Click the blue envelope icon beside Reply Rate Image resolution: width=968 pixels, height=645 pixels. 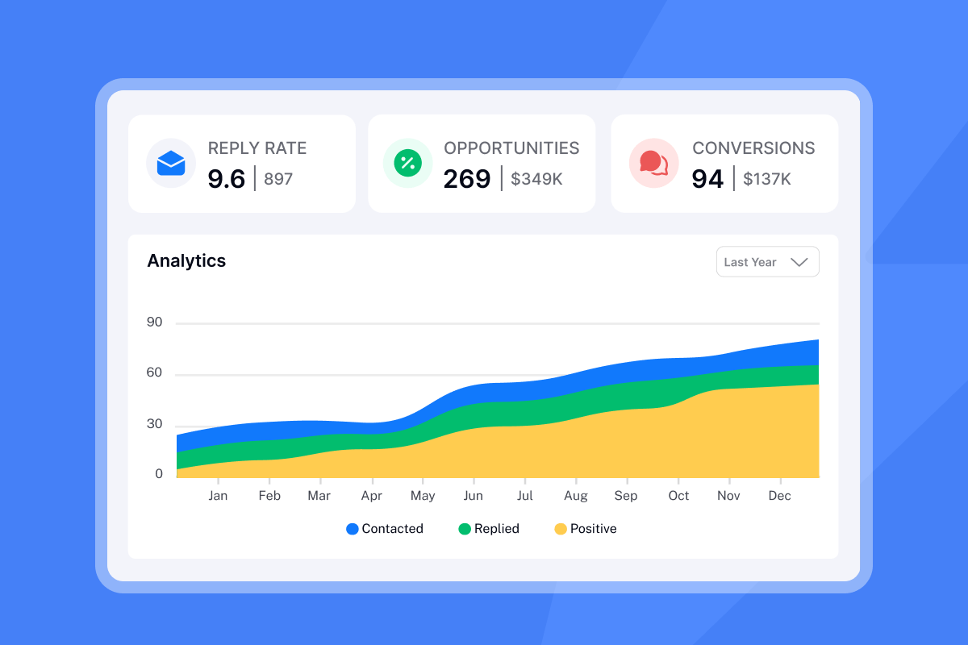pyautogui.click(x=171, y=164)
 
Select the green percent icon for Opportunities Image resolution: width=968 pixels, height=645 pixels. pyautogui.click(x=407, y=164)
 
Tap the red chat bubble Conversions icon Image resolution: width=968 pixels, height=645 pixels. pyautogui.click(x=653, y=164)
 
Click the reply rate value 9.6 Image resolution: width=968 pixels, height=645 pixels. pyautogui.click(x=226, y=179)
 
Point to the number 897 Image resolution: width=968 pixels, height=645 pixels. pyautogui.click(x=278, y=179)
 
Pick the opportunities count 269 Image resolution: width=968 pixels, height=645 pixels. pyautogui.click(x=467, y=179)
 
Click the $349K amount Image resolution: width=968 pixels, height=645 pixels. pyautogui.click(x=536, y=179)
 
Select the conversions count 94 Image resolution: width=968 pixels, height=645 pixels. pyautogui.click(x=707, y=179)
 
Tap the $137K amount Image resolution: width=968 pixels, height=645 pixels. pyautogui.click(x=767, y=179)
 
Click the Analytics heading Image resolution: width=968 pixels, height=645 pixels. pyautogui.click(x=186, y=261)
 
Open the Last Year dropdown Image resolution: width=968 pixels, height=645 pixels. pyautogui.click(x=767, y=262)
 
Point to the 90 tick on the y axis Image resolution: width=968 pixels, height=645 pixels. pyautogui.click(x=154, y=322)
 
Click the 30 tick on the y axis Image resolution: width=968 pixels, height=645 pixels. pyautogui.click(x=154, y=424)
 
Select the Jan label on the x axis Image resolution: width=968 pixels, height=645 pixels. pyautogui.click(x=218, y=496)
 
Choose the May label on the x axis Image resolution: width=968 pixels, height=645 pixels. pyautogui.click(x=423, y=496)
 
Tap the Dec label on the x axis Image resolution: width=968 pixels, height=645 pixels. pyautogui.click(x=779, y=496)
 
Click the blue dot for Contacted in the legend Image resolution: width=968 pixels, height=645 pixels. pyautogui.click(x=353, y=529)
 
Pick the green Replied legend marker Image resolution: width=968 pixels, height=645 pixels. pyautogui.click(x=465, y=529)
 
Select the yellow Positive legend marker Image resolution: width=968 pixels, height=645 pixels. pyautogui.click(x=561, y=529)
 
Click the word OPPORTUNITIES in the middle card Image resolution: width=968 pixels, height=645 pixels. pyautogui.click(x=511, y=148)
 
